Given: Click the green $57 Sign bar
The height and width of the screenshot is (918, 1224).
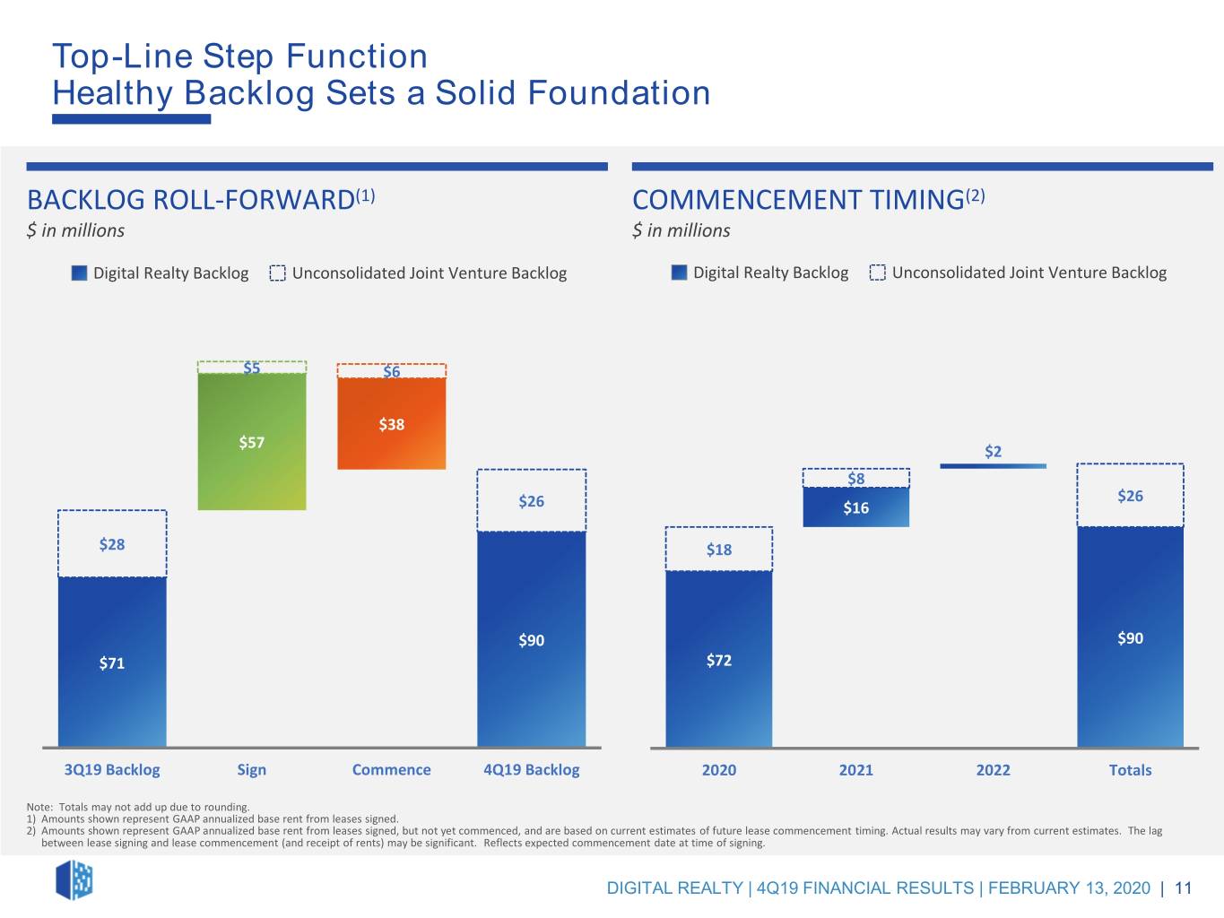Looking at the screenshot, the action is tap(251, 441).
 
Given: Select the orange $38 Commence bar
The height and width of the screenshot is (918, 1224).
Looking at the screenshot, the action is tap(392, 424).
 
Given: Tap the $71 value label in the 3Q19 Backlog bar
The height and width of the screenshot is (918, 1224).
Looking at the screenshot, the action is tap(111, 663).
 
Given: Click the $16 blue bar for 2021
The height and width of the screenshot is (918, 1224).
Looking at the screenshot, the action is tap(856, 507).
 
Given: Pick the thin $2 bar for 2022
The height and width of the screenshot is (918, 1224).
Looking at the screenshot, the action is tap(994, 466).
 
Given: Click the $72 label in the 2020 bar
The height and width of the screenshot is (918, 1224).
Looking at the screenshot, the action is tap(719, 661).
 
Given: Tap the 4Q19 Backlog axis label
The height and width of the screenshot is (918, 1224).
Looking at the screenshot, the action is tap(532, 770).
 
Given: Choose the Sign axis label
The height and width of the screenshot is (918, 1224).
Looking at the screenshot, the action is tap(251, 770).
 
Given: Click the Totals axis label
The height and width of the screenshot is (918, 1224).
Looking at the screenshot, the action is tap(1131, 770).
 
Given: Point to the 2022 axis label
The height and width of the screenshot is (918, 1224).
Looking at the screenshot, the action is tap(994, 770).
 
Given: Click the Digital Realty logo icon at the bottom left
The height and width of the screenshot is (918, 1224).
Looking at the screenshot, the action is tap(74, 880).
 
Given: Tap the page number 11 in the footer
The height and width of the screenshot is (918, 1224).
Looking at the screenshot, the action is tap(1184, 888).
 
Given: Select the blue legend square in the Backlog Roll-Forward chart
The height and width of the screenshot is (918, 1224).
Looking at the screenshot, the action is tap(79, 273).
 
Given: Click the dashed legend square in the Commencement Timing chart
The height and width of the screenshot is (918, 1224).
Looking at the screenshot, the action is tap(877, 273).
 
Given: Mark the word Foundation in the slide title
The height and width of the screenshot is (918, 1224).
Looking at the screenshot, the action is tap(619, 92).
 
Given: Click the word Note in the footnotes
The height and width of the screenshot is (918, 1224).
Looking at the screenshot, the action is tap(38, 807).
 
